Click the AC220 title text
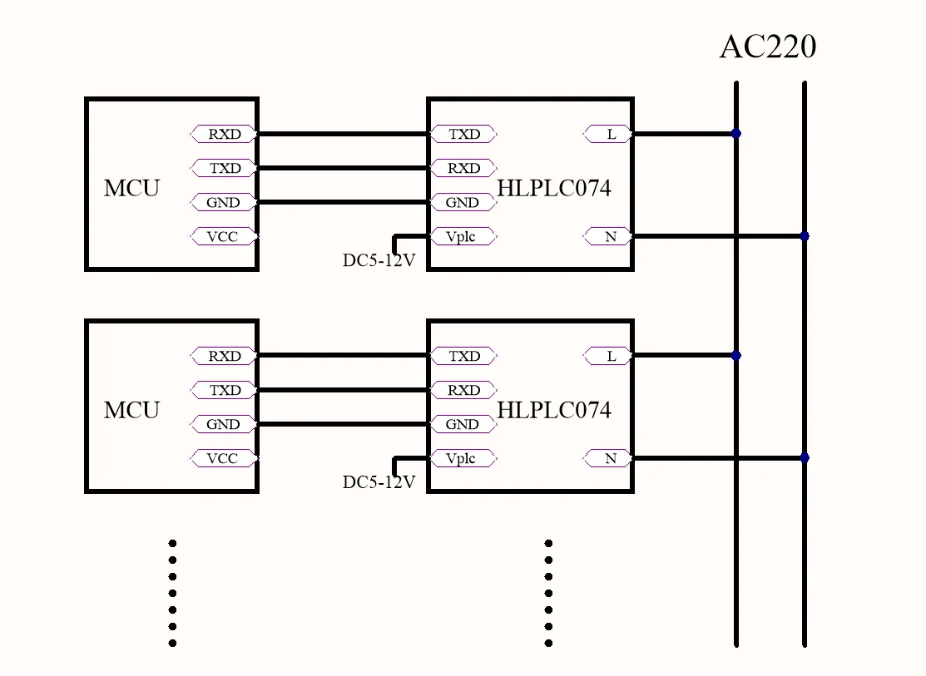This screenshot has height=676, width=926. coord(768,47)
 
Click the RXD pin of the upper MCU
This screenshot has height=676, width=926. coord(224,134)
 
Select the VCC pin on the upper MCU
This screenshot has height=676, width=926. coord(224,237)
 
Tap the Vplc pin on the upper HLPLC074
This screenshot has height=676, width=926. coord(463,237)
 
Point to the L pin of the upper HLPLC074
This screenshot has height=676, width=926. coord(607,134)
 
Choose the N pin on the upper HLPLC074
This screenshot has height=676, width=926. coord(607,237)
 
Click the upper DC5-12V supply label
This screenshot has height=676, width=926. coord(379,260)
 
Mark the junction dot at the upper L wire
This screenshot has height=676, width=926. coord(735,134)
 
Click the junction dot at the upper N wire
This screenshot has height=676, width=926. coord(805,236)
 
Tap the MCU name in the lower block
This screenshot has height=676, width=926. coord(131,410)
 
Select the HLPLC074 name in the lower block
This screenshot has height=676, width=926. coord(554,410)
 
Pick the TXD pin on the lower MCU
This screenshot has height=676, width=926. coord(224,390)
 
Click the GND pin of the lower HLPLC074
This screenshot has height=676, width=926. coord(463,425)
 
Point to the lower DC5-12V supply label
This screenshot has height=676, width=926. coord(379,482)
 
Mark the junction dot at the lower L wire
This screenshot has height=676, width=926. coord(735,355)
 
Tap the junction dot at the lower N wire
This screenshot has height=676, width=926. coord(805,457)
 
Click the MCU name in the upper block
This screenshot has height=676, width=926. coord(131,188)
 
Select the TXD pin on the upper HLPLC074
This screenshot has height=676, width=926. coord(463,134)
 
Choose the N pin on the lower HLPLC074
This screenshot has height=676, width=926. coord(607,458)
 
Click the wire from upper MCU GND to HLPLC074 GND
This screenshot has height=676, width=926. coord(343,202)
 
